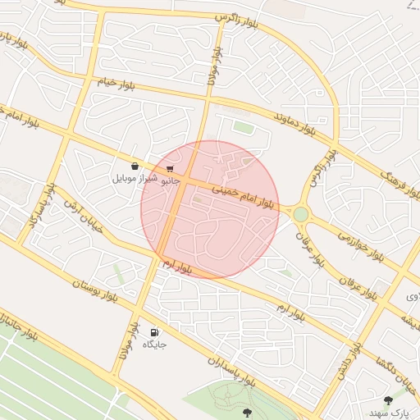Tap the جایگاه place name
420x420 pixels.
pos(155,345)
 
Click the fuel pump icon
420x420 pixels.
pos(154,331)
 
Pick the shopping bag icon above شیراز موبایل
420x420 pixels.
pos(134,166)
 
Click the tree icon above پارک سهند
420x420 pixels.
pos(388,399)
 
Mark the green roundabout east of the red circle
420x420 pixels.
pos(301,214)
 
